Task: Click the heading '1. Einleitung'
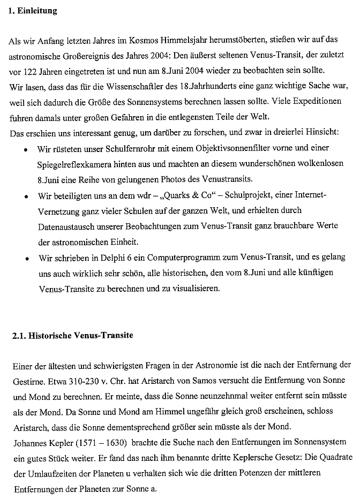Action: pyautogui.click(x=33, y=11)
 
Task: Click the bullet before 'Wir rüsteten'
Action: pyautogui.click(x=26, y=148)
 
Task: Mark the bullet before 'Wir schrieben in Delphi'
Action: pyautogui.click(x=26, y=258)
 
